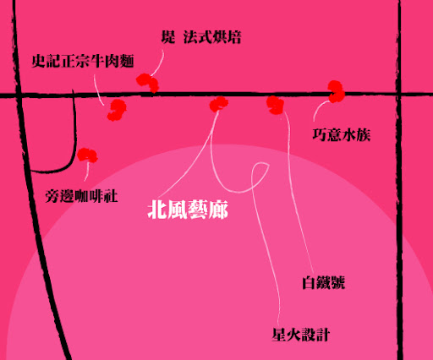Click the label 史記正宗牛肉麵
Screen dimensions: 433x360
(83, 61)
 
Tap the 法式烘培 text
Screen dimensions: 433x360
(212, 37)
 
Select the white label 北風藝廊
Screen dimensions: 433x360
(188, 210)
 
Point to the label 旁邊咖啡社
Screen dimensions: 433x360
(81, 196)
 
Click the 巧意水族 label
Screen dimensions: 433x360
(342, 134)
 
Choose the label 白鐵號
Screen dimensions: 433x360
(324, 282)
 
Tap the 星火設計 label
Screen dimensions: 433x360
(301, 335)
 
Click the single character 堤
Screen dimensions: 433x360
(168, 37)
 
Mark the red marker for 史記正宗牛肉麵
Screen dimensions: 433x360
(117, 110)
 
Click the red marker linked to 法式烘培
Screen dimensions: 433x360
(148, 83)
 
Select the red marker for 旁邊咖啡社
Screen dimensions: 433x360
(87, 155)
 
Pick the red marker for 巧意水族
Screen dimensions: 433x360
(337, 91)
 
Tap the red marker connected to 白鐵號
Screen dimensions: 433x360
(275, 105)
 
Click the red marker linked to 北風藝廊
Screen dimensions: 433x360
(219, 104)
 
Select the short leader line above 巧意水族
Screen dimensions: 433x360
(319, 109)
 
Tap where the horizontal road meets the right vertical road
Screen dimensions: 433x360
(399, 94)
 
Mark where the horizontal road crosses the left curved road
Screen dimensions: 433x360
(19, 95)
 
